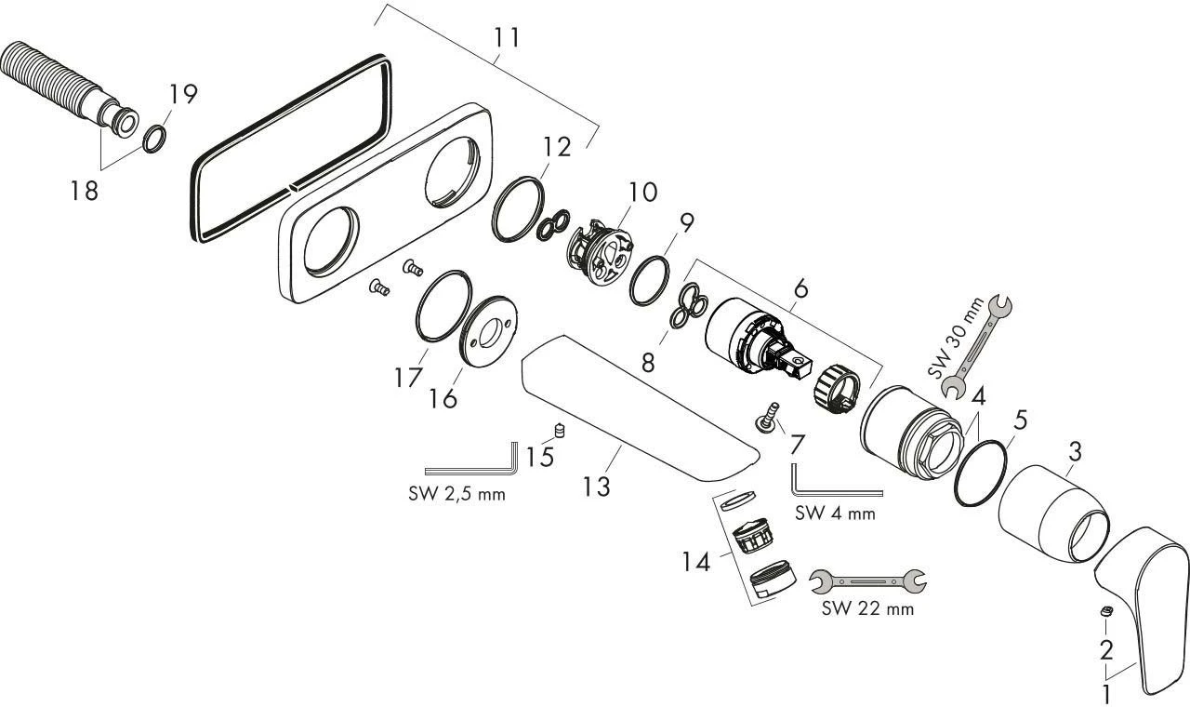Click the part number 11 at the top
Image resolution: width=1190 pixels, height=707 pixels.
click(x=507, y=38)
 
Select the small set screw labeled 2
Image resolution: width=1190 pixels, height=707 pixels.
click(x=1105, y=610)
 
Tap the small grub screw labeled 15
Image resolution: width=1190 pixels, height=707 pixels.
click(x=560, y=429)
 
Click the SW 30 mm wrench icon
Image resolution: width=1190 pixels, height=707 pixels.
click(x=977, y=344)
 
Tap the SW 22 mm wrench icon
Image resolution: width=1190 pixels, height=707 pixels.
click(x=868, y=581)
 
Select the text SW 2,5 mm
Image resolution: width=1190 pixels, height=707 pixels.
click(x=456, y=494)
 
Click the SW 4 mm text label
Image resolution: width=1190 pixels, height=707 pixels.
click(x=835, y=514)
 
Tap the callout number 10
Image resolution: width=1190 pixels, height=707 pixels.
click(x=641, y=193)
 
